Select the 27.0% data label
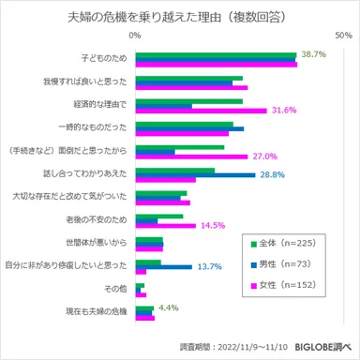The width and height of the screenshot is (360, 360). coord(264,156)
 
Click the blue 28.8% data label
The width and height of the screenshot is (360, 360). coord(272,174)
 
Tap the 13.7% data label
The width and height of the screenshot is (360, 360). coord(208,267)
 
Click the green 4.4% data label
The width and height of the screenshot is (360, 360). coord(169,307)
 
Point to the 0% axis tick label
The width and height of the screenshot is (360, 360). coord(136,35)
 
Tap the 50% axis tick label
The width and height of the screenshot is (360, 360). coord(341,35)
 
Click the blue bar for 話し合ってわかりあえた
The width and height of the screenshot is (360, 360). coord(196,174)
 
